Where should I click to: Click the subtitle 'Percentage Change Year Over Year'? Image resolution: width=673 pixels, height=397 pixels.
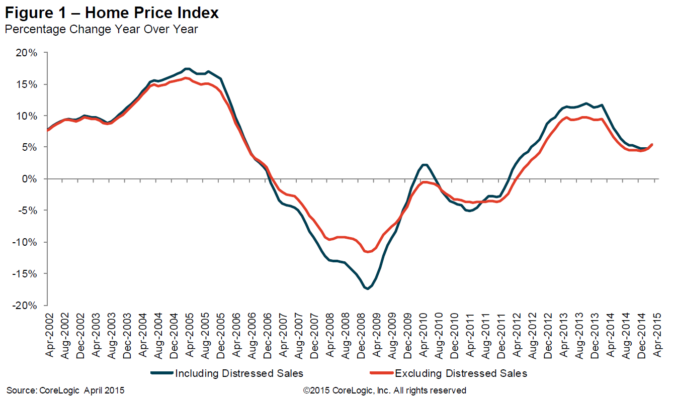pyautogui.click(x=101, y=29)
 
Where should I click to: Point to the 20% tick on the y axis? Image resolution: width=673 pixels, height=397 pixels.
pyautogui.click(x=27, y=53)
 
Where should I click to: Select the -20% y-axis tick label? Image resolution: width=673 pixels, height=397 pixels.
pyautogui.click(x=25, y=306)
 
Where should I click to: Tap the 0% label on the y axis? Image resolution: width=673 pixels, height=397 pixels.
pyautogui.click(x=30, y=179)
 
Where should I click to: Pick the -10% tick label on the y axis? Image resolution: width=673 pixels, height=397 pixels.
pyautogui.click(x=25, y=242)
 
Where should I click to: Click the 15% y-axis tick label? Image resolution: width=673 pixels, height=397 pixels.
pyautogui.click(x=27, y=84)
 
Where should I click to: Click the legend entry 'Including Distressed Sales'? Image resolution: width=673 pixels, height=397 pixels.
pyautogui.click(x=238, y=373)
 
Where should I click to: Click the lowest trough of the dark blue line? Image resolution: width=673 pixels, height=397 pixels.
pyautogui.click(x=368, y=288)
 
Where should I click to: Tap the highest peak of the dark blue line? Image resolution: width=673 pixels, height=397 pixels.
pyautogui.click(x=187, y=68)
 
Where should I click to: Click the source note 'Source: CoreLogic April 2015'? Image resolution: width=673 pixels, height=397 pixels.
pyautogui.click(x=65, y=390)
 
